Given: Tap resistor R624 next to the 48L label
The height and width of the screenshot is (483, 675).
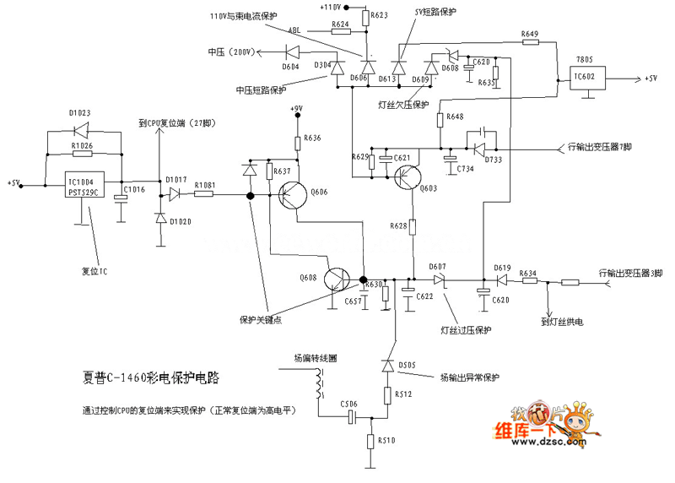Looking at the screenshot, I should (341, 33).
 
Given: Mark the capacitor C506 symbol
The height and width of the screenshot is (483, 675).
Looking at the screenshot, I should (349, 417).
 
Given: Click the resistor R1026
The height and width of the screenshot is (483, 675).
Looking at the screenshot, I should (82, 154).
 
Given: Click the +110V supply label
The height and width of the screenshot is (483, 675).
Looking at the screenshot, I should (333, 7).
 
